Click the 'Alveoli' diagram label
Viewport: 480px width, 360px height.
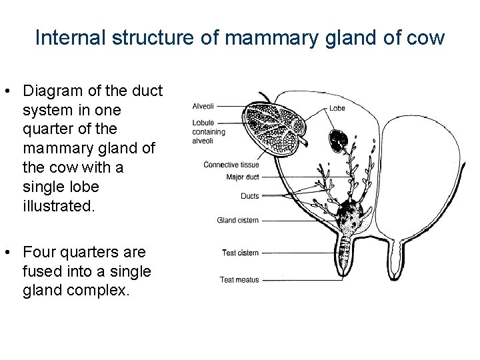tap(203, 106)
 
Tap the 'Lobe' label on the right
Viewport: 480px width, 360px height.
tap(337, 108)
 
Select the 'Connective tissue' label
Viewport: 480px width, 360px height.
tap(231, 165)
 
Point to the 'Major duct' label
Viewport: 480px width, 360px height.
tap(242, 177)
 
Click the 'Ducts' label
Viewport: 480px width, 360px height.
tap(249, 196)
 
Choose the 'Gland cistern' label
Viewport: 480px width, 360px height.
tap(238, 220)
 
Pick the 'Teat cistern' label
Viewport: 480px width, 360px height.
tap(240, 253)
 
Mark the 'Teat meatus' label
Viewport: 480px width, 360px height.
tap(239, 280)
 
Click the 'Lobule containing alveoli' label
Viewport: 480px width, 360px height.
tap(209, 131)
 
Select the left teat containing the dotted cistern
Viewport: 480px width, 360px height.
tap(345, 256)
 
